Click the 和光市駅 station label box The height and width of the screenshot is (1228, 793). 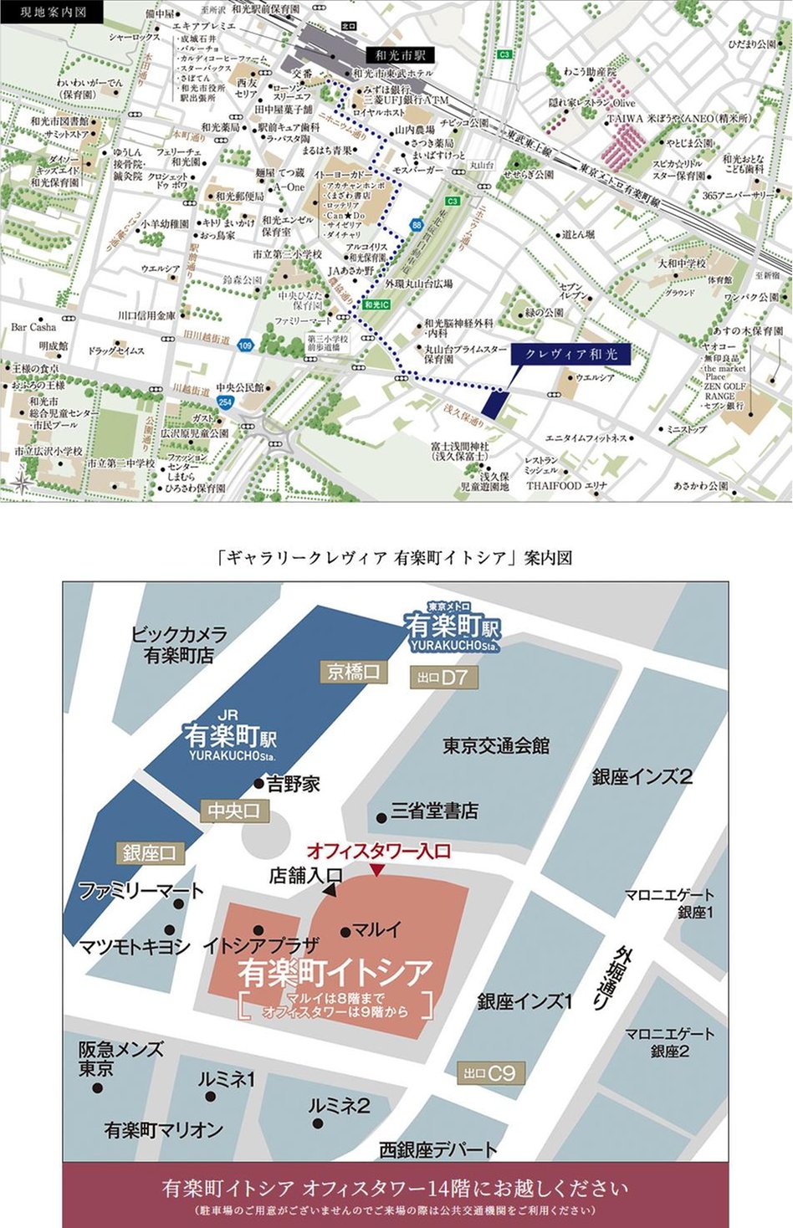tap(401, 55)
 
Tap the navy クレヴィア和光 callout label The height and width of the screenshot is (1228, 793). tap(570, 354)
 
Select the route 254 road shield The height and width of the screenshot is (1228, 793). tap(225, 402)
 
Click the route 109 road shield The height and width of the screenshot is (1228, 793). tap(244, 345)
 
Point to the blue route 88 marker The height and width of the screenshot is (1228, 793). tap(417, 225)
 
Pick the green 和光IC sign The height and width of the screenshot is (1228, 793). tap(377, 304)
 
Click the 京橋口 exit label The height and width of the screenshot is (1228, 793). tap(353, 672)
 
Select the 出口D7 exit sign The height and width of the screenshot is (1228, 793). tap(442, 678)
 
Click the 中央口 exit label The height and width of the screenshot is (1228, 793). tap(234, 810)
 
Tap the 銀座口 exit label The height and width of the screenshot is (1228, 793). tap(149, 852)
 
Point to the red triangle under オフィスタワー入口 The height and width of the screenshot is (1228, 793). tap(377, 871)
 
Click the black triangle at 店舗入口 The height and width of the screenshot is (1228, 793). tap(329, 891)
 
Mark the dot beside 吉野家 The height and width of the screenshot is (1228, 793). tap(259, 784)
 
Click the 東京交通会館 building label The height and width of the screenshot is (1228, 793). tap(496, 745)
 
